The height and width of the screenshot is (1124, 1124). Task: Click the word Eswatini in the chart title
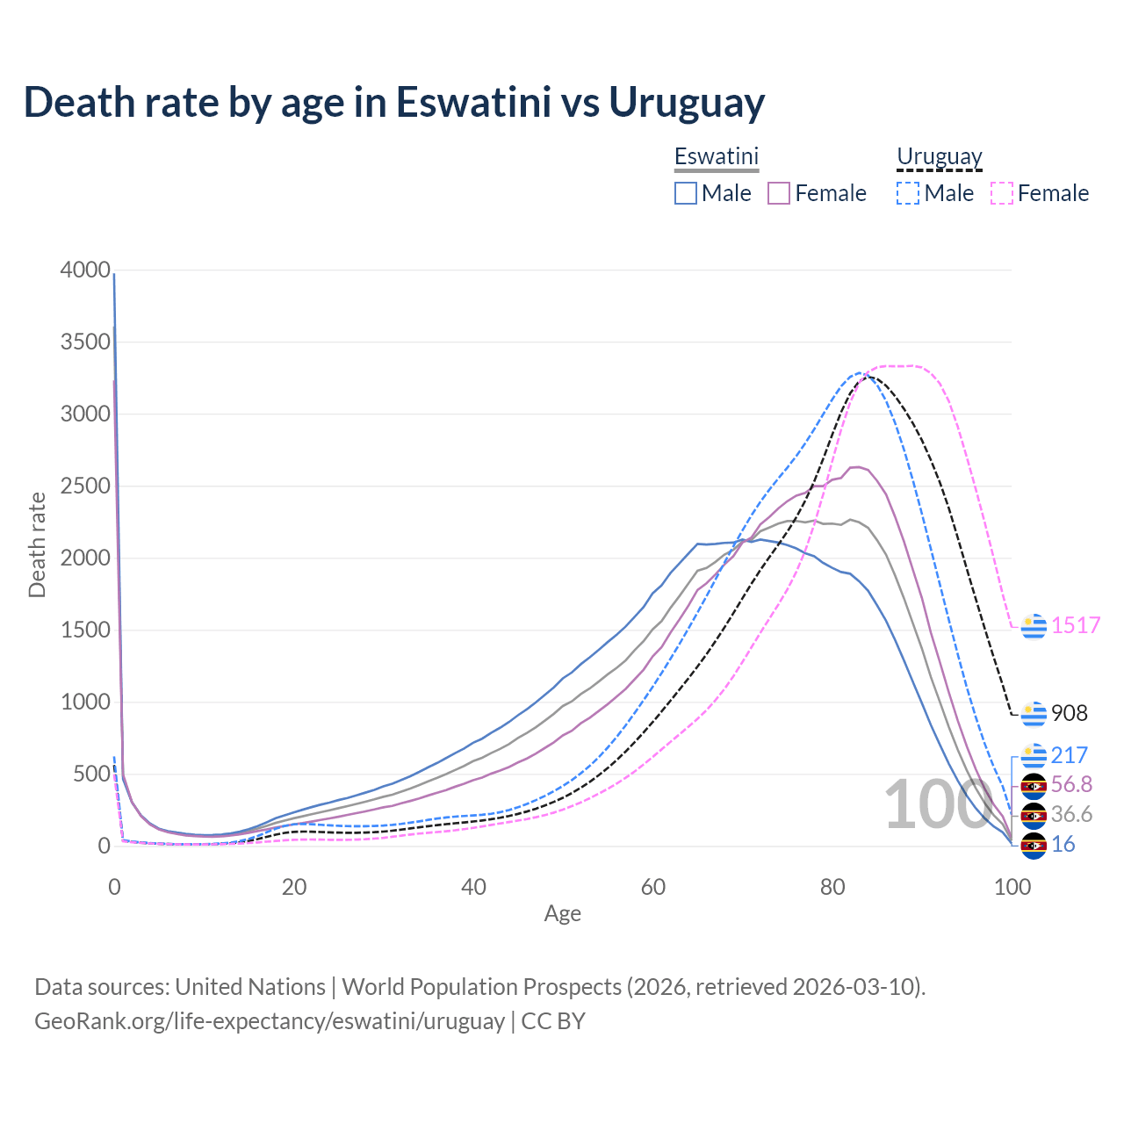click(x=473, y=102)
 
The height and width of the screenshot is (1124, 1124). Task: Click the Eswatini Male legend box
click(x=686, y=193)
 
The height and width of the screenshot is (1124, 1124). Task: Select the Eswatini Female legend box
click(x=780, y=193)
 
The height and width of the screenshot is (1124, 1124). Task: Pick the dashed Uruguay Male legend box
click(x=908, y=193)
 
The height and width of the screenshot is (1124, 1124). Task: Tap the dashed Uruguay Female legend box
click(x=1002, y=193)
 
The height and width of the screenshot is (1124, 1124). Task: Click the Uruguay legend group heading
click(x=939, y=157)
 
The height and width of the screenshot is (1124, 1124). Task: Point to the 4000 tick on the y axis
click(x=85, y=270)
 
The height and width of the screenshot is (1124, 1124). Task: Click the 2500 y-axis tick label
click(x=85, y=486)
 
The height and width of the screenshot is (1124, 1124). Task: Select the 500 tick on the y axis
click(x=91, y=775)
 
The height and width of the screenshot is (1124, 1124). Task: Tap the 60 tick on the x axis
click(x=653, y=887)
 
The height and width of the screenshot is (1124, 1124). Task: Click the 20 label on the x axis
click(x=294, y=887)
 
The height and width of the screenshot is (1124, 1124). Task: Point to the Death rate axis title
click(x=37, y=544)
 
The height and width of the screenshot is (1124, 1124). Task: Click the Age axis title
click(x=563, y=914)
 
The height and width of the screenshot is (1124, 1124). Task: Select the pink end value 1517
click(x=1076, y=625)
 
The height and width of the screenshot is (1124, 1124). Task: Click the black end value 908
click(x=1070, y=713)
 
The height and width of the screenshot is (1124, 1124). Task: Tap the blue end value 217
click(x=1070, y=755)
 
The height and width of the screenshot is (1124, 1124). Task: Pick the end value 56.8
click(x=1071, y=784)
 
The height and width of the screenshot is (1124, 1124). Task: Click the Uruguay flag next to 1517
click(x=1034, y=626)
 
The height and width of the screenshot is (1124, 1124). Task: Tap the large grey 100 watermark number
click(x=938, y=804)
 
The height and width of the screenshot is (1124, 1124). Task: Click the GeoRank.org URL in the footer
click(x=270, y=1021)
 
